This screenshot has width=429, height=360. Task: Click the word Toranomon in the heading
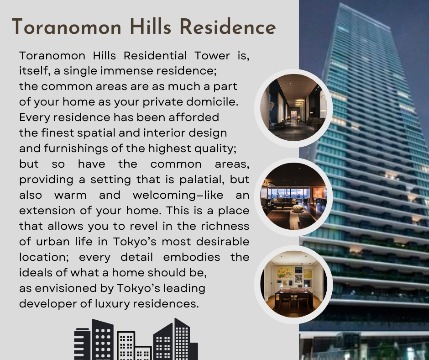67,27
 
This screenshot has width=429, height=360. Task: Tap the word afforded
194,117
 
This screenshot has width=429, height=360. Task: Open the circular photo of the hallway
293,108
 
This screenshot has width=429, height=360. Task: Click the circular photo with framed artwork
293,285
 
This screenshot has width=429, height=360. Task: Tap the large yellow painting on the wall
284,272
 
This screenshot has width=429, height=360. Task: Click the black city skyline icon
136,339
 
